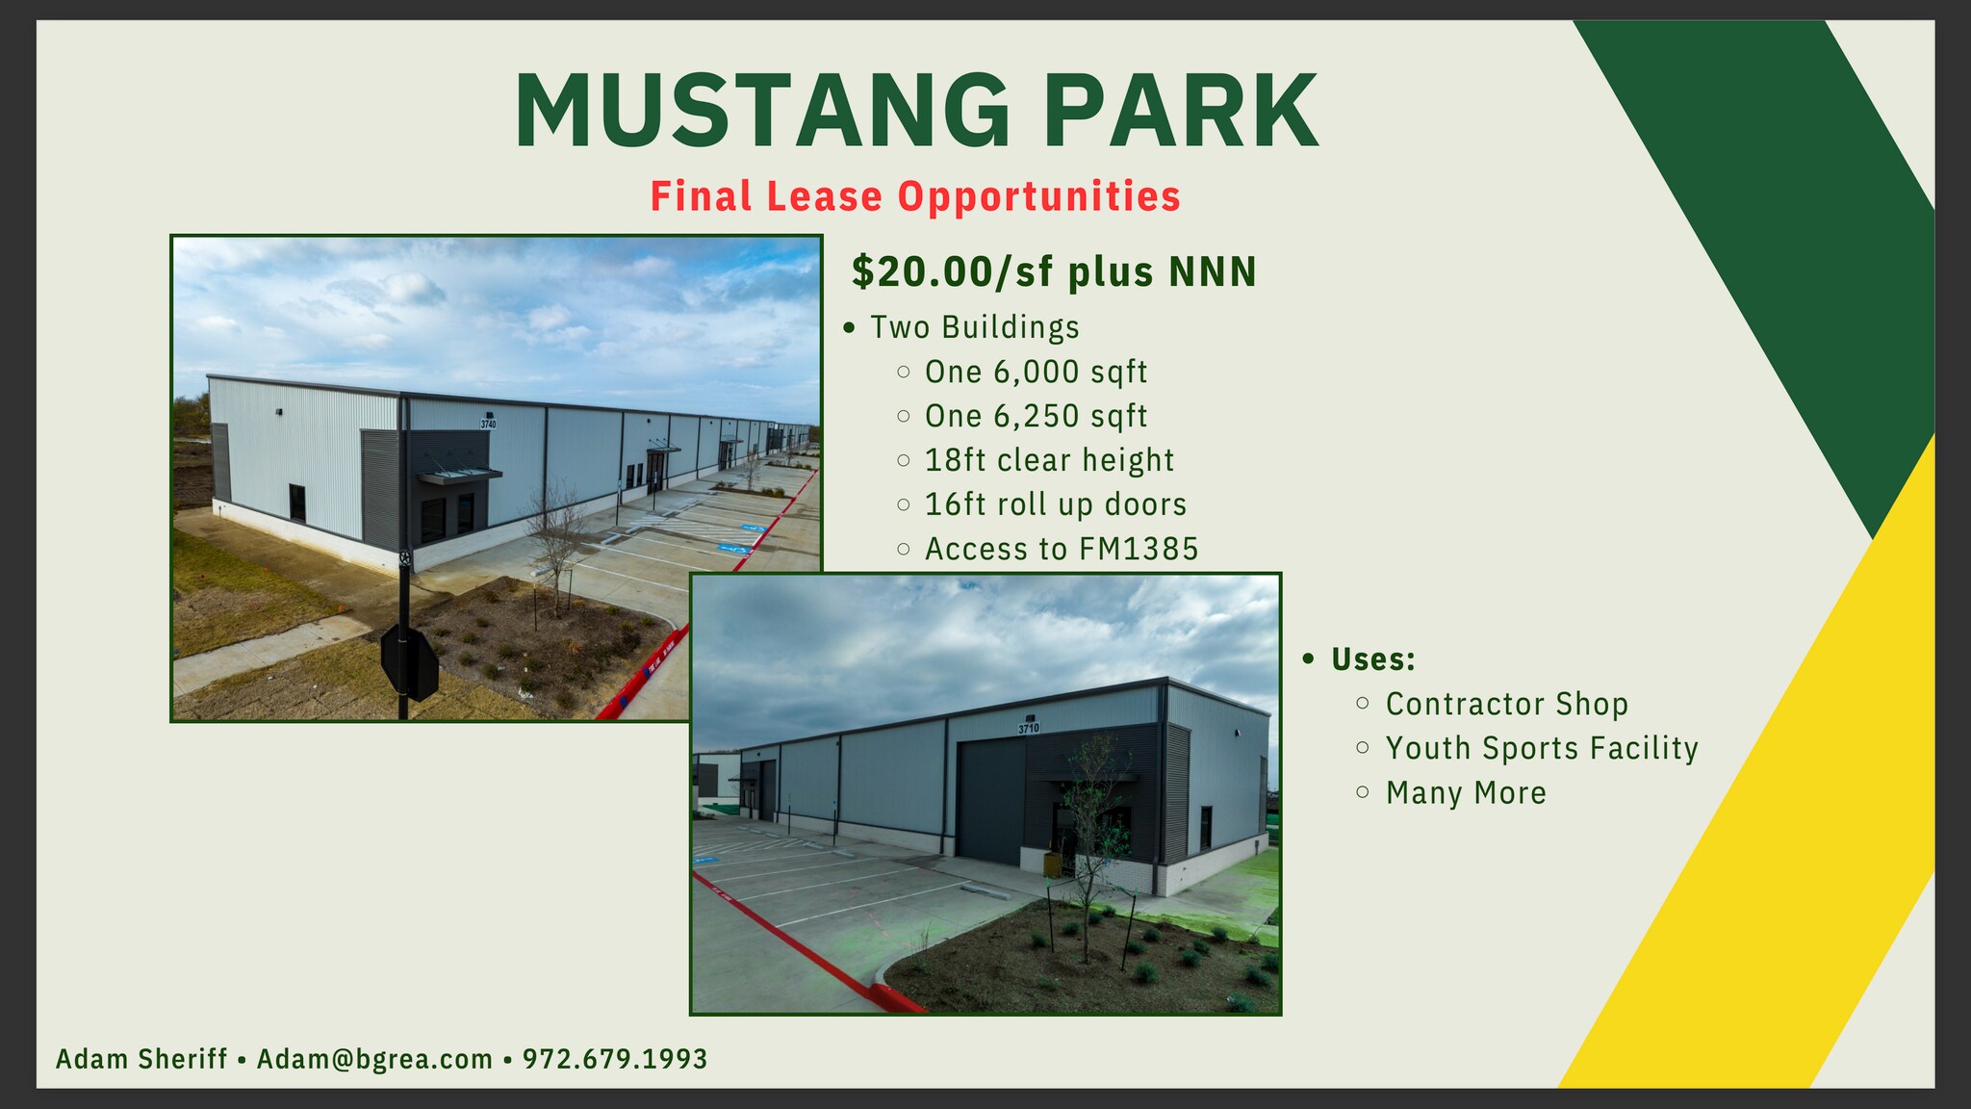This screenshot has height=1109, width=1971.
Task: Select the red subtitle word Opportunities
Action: (x=1038, y=196)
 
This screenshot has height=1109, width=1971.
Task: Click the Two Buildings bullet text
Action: (x=974, y=327)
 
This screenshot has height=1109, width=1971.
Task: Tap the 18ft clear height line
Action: (x=1049, y=460)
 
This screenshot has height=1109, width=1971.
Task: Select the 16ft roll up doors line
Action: (x=1055, y=504)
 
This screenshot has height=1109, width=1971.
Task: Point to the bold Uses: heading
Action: (x=1372, y=659)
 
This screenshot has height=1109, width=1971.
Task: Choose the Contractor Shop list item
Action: (x=1506, y=704)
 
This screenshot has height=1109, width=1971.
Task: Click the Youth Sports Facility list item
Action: (x=1542, y=748)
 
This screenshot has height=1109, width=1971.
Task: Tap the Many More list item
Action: (x=1466, y=792)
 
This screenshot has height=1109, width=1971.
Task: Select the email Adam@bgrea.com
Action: (x=374, y=1059)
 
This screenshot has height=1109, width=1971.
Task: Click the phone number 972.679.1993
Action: (x=615, y=1059)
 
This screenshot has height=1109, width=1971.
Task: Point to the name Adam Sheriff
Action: (x=141, y=1059)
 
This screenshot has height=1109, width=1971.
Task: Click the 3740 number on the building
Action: (x=488, y=424)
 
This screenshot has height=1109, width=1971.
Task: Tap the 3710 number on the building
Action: (x=1029, y=729)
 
